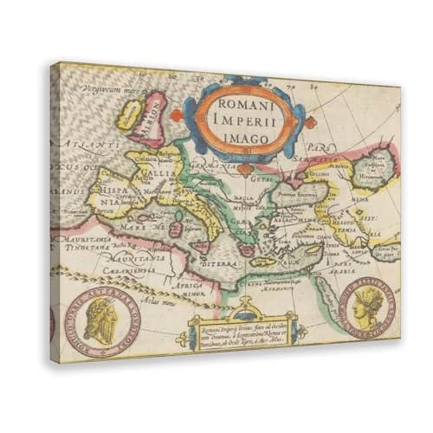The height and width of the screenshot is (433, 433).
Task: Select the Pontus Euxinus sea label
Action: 299,193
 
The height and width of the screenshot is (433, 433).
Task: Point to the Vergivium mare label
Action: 107,88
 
